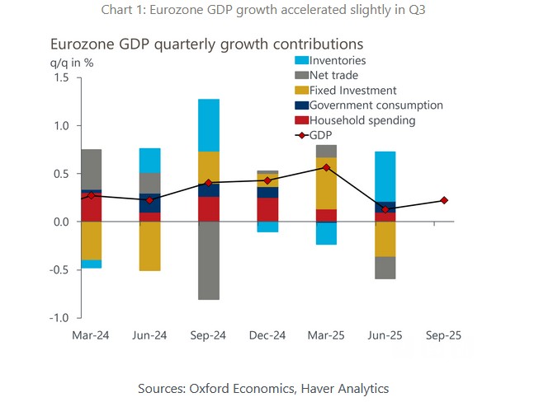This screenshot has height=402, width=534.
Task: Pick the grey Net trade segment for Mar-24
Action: [x=91, y=169]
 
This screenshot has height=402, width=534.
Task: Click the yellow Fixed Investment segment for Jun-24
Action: [x=149, y=245]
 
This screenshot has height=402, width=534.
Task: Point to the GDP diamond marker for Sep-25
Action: [x=444, y=200]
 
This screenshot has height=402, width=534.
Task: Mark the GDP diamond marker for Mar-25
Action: [x=326, y=167]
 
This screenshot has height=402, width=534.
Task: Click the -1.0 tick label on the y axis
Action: [x=60, y=318]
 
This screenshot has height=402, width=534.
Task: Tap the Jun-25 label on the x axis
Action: [x=385, y=335]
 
